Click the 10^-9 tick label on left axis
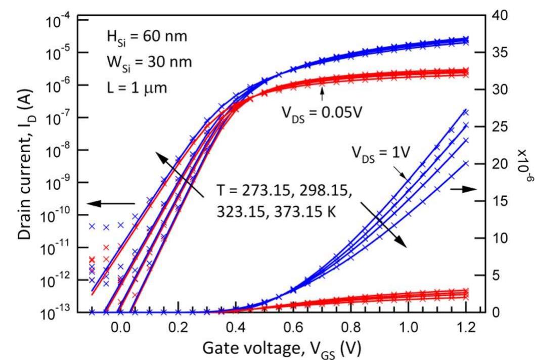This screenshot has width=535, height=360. pos(57,183)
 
